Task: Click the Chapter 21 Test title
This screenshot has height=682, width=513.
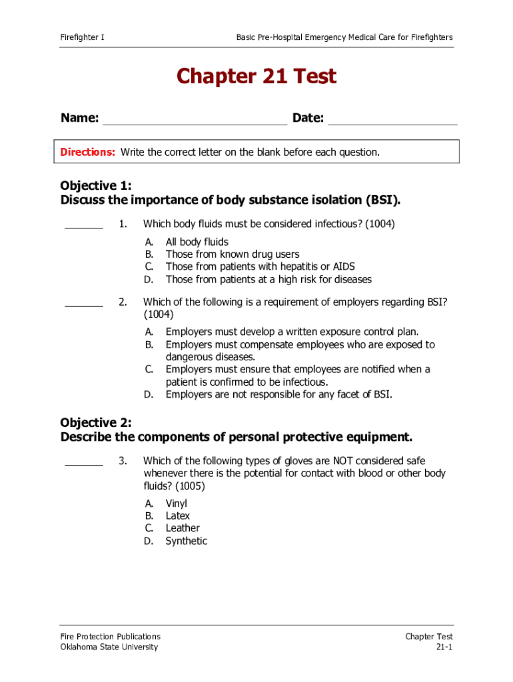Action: (256, 77)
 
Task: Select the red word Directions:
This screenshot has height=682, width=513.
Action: (88, 152)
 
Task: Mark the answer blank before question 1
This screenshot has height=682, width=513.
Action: (84, 226)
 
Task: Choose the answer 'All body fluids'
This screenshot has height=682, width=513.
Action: (197, 242)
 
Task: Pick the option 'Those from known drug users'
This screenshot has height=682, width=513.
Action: (232, 254)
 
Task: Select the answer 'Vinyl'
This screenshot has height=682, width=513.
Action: (177, 504)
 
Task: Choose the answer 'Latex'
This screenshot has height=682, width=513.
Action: (178, 516)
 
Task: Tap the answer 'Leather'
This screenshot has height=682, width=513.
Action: (183, 528)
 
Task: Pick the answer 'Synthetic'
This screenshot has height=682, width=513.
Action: (186, 541)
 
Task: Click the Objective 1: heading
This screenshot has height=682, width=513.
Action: (96, 185)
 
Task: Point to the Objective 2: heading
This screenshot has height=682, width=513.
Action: (96, 422)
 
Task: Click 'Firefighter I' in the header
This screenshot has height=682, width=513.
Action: (82, 37)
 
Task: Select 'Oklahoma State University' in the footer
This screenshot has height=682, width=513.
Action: (109, 647)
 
